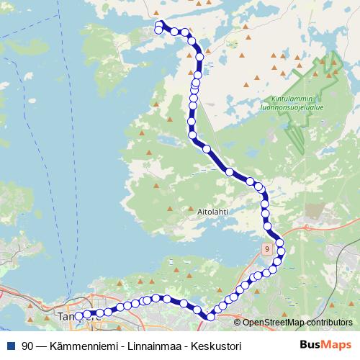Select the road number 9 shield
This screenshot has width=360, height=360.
(267, 248)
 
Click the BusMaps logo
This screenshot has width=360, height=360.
(325, 346)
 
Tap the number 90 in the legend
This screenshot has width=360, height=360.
(27, 346)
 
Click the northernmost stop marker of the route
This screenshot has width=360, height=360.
(160, 24)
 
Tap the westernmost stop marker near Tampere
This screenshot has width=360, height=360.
(78, 315)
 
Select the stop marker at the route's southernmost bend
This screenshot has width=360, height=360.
(210, 317)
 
